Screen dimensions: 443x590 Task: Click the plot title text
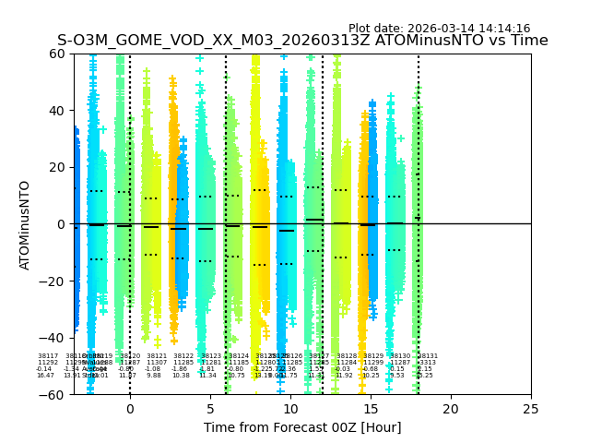point(302,41)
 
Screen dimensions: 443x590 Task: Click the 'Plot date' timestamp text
point(439,29)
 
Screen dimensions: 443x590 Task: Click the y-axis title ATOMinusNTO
point(26,224)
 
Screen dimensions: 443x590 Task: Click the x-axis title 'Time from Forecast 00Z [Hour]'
point(302,427)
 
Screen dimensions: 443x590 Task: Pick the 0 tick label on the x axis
point(130,409)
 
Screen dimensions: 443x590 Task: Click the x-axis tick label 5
point(210,409)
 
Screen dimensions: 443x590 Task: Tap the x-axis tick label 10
point(290,409)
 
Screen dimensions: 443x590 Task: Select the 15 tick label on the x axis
point(371,409)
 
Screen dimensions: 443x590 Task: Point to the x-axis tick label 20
point(451,409)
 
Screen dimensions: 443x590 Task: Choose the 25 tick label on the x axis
point(531,409)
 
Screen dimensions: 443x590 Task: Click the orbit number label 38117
point(48,356)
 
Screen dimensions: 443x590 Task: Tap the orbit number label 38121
point(157,356)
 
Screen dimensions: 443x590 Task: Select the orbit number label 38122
point(183,356)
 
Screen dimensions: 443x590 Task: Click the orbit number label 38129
point(373,356)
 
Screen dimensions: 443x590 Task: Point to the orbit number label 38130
point(400,356)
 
